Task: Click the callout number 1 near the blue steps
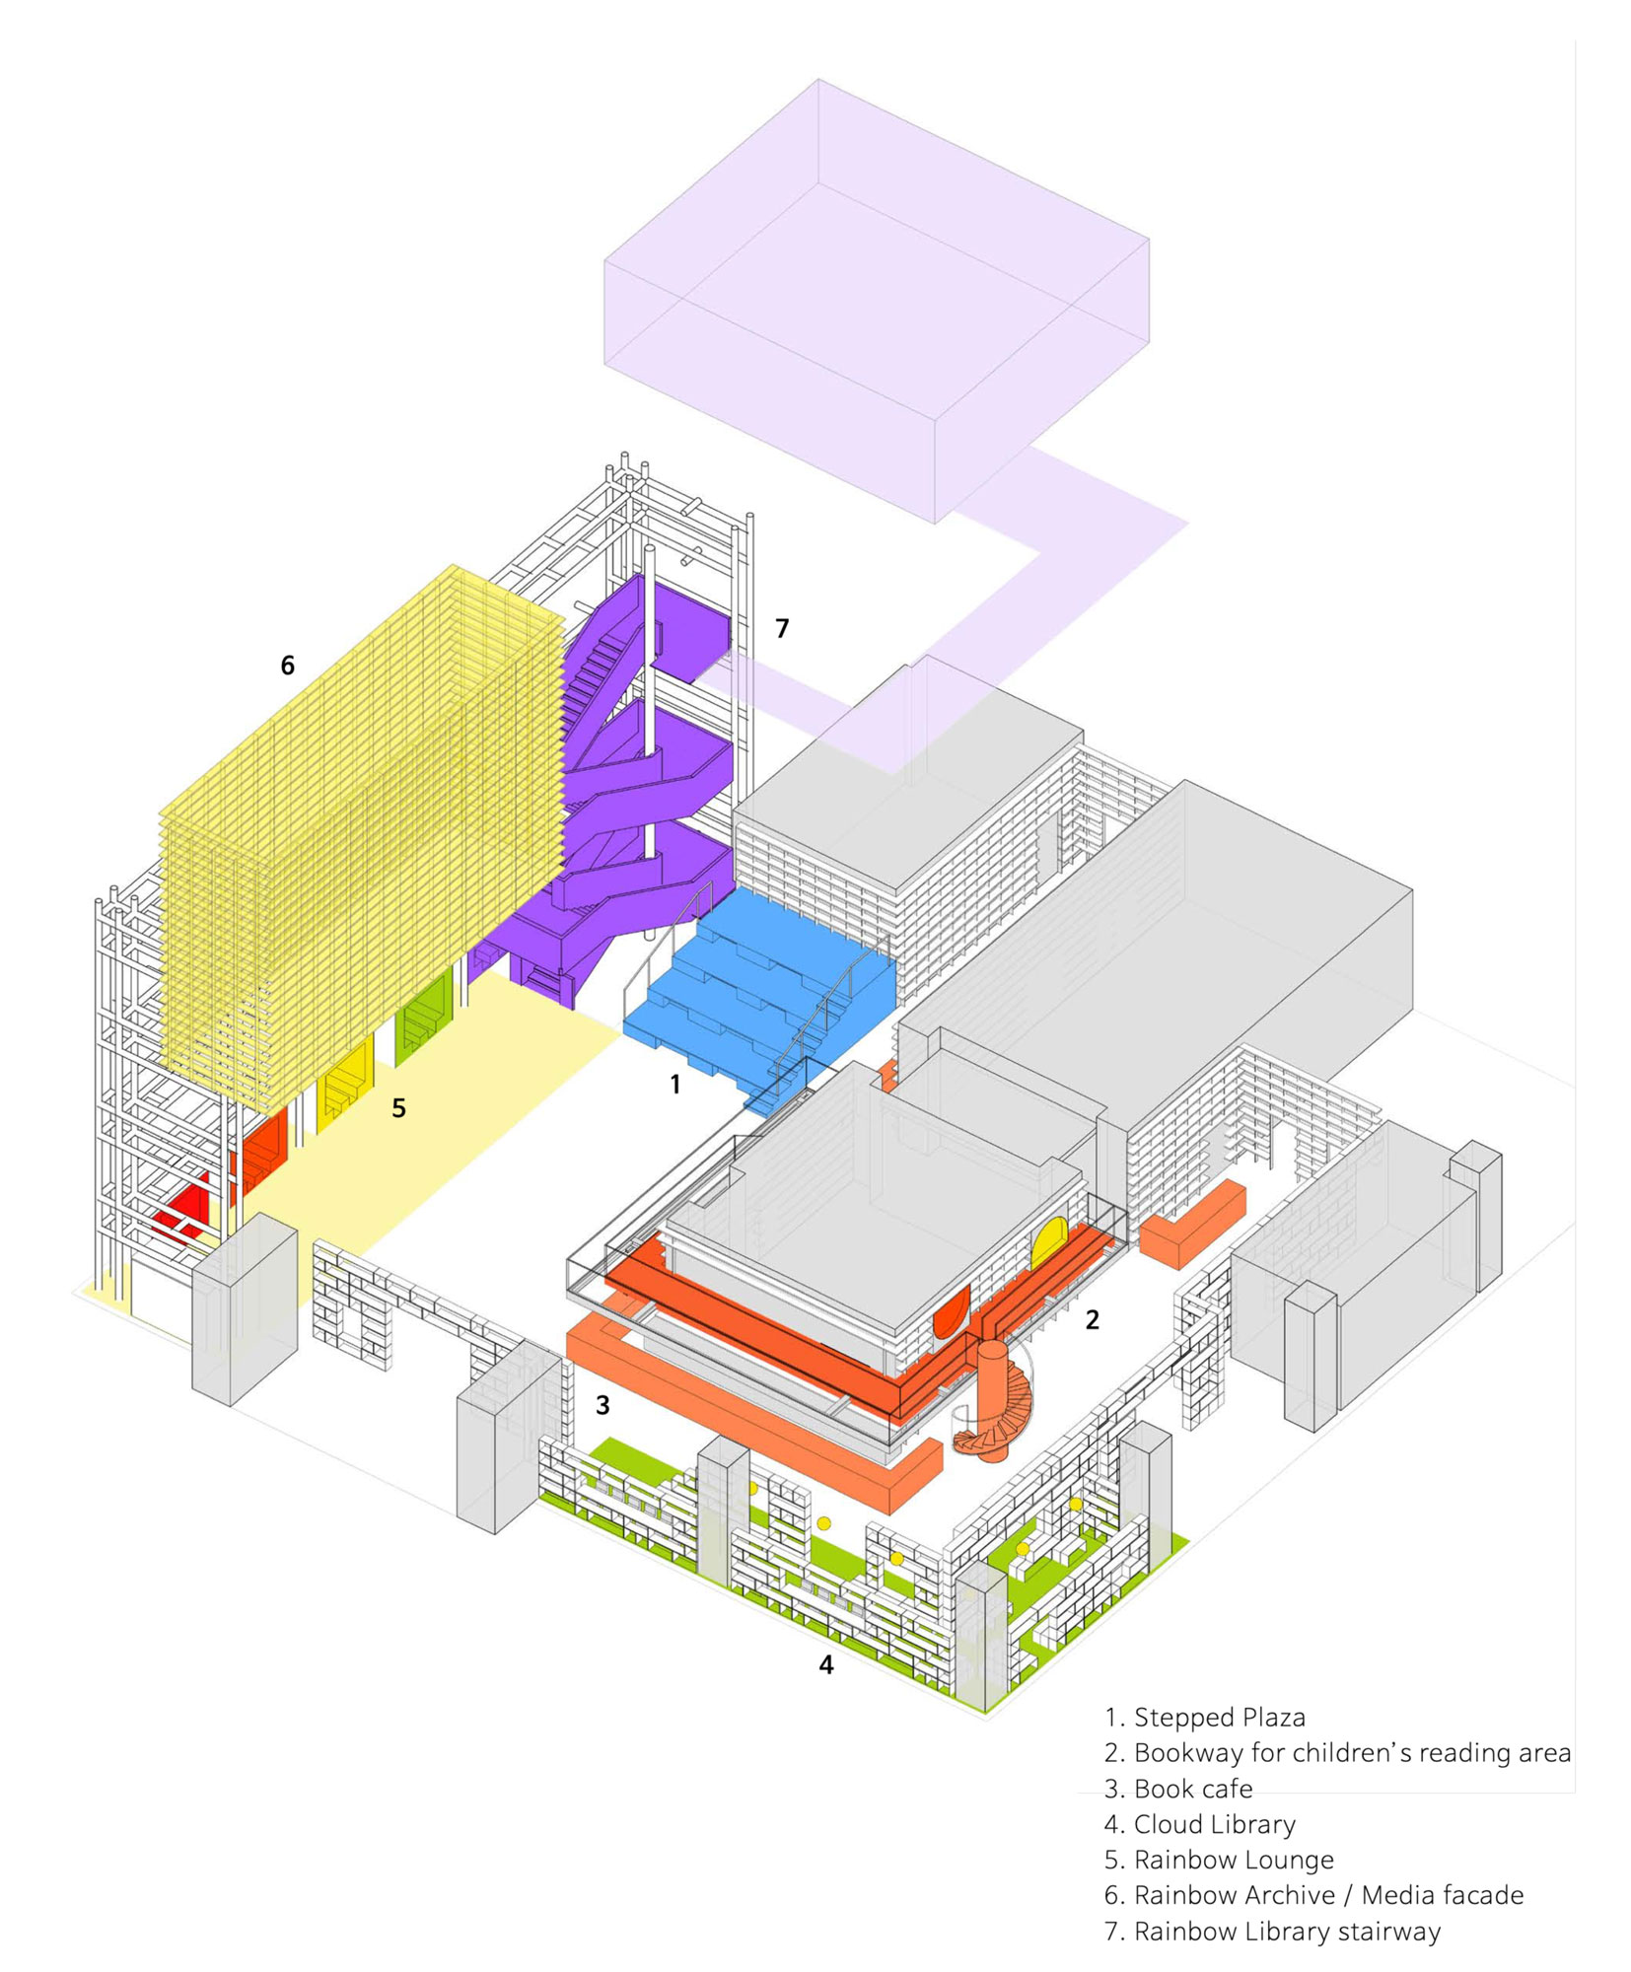[674, 1085]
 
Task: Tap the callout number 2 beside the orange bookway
[1092, 1320]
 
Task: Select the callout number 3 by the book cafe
[603, 1405]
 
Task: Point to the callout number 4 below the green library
[826, 1665]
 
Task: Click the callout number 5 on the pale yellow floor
[398, 1108]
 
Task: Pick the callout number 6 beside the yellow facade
[287, 666]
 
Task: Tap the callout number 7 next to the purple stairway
[782, 628]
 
